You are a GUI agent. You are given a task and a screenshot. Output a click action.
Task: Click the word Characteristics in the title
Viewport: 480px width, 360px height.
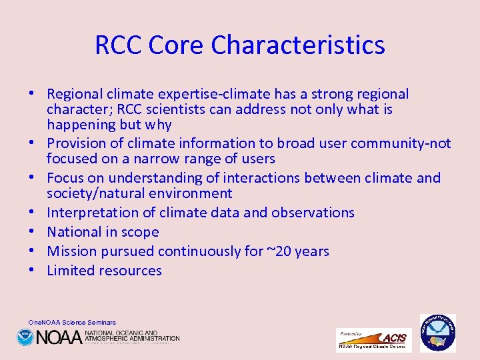[x=298, y=45]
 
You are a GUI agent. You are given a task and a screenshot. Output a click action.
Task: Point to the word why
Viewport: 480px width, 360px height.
[x=157, y=125]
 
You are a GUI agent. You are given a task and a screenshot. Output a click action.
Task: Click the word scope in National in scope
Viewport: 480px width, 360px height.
[x=141, y=232]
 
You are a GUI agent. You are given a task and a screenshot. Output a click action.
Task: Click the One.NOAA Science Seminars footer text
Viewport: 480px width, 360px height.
[x=72, y=322]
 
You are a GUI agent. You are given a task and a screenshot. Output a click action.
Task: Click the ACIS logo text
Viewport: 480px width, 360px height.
[x=393, y=337]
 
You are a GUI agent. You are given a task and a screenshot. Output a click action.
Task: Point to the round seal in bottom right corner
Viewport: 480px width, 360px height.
[x=437, y=333]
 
